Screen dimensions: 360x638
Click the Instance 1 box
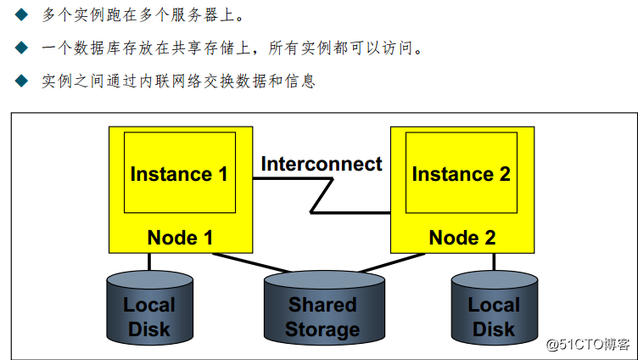click(179, 173)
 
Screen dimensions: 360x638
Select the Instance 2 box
click(461, 173)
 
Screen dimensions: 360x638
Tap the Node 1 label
click(180, 238)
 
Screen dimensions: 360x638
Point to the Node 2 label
click(462, 238)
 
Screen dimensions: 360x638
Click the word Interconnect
click(322, 164)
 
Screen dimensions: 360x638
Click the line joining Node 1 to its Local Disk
click(150, 262)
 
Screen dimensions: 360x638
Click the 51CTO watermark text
click(587, 344)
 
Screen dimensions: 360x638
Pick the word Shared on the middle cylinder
click(322, 304)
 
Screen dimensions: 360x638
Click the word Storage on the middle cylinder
click(322, 329)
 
